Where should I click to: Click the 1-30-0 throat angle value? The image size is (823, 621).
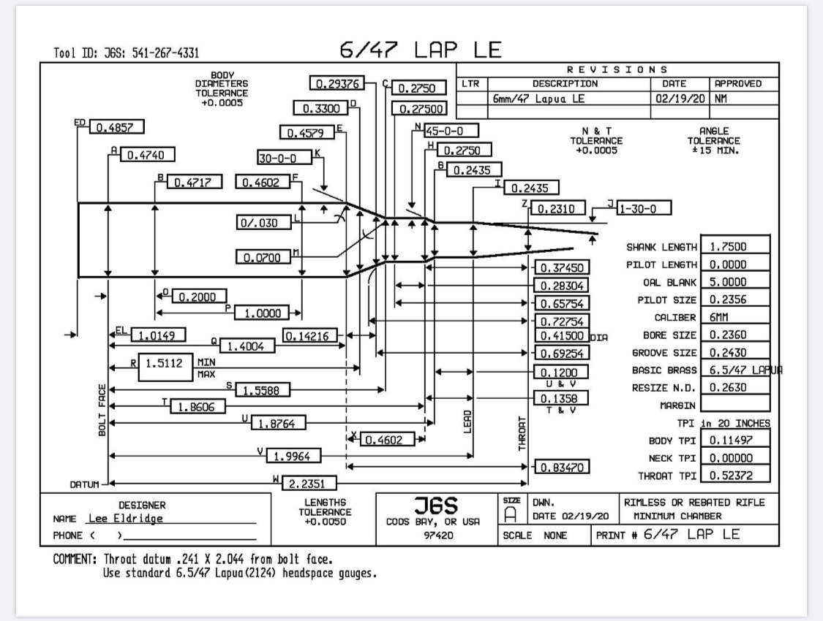(645, 208)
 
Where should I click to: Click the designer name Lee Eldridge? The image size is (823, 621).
(124, 519)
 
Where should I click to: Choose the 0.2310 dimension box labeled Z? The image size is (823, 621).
(558, 208)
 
